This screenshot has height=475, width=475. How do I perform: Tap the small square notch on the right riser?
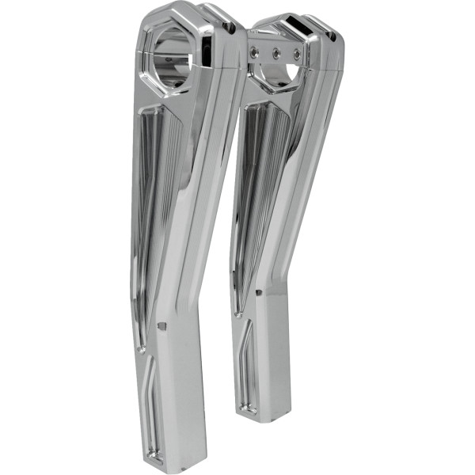click(x=259, y=294)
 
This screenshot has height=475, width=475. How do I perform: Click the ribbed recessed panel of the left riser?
click(x=150, y=214)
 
